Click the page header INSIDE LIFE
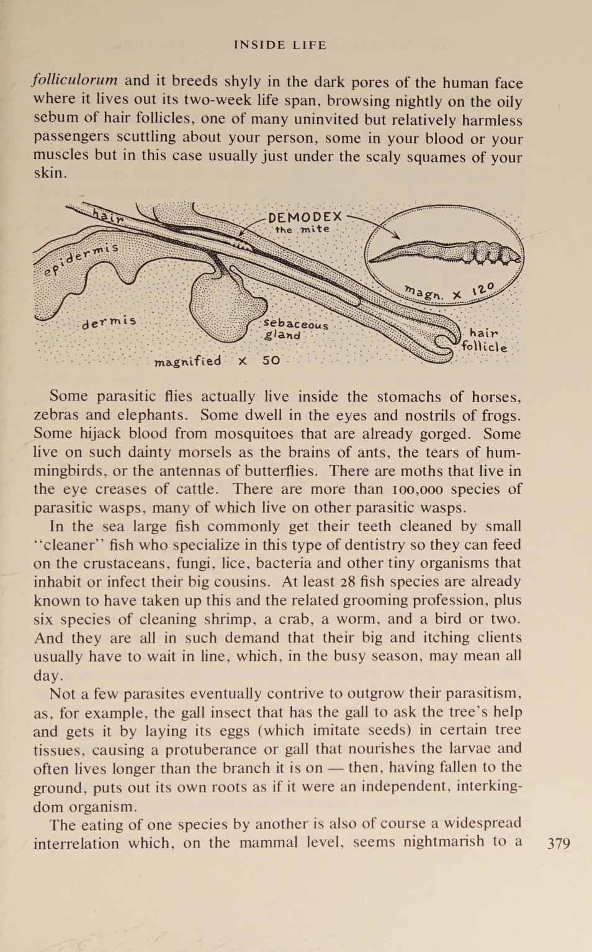point(280,45)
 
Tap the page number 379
point(558,843)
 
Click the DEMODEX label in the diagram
point(305,217)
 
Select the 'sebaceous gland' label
point(294,329)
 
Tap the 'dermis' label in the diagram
point(109,322)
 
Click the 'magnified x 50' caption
point(217,361)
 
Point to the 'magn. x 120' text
point(450,292)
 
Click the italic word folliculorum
point(75,81)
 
